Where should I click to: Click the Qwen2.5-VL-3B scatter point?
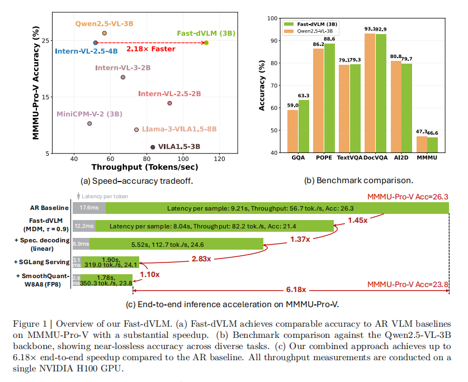click(105, 34)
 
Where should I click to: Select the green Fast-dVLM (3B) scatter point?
click(206, 42)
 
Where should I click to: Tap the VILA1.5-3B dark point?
click(153, 147)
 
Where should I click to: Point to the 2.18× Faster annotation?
click(151, 49)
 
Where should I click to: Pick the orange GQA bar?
click(293, 131)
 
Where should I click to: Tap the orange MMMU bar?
click(422, 144)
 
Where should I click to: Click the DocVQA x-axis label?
click(375, 158)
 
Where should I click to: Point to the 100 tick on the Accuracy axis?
click(272, 18)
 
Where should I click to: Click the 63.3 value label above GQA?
click(304, 95)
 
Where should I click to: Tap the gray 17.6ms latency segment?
click(89, 208)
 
